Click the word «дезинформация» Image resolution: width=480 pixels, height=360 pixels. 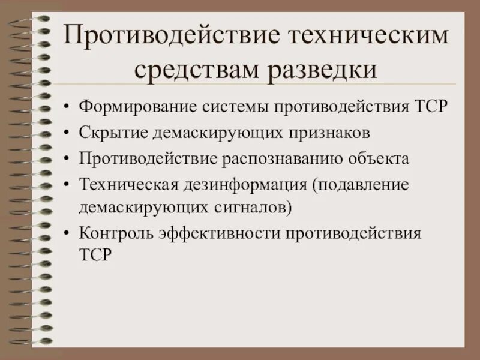point(242,184)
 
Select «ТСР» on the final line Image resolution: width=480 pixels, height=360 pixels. point(95,255)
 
